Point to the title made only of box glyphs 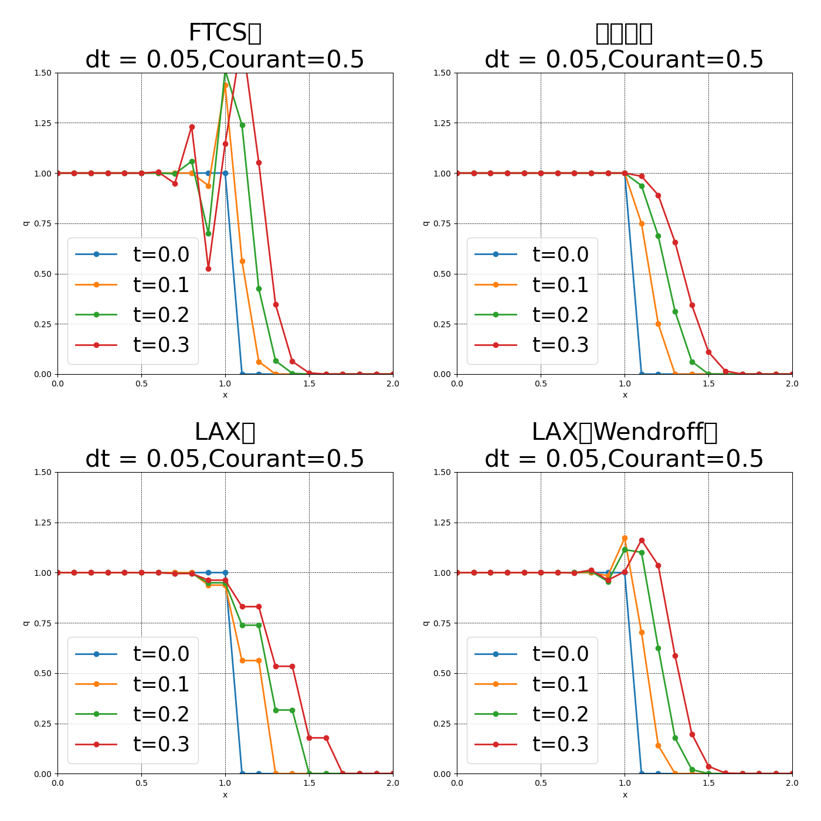[x=624, y=33]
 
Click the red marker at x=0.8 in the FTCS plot [x=192, y=127]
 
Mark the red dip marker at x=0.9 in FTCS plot [x=208, y=269]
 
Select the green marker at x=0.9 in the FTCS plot [x=208, y=233]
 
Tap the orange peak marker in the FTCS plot [x=225, y=85]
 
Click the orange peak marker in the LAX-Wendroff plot [x=625, y=538]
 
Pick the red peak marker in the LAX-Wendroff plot [x=642, y=540]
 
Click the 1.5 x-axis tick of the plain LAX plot [x=309, y=783]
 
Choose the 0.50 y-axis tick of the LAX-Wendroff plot [x=442, y=673]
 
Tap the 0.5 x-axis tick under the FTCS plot [x=141, y=384]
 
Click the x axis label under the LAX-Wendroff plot [x=625, y=795]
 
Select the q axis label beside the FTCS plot [x=26, y=223]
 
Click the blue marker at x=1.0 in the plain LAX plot [x=225, y=572]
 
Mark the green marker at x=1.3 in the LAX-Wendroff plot [x=675, y=738]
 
